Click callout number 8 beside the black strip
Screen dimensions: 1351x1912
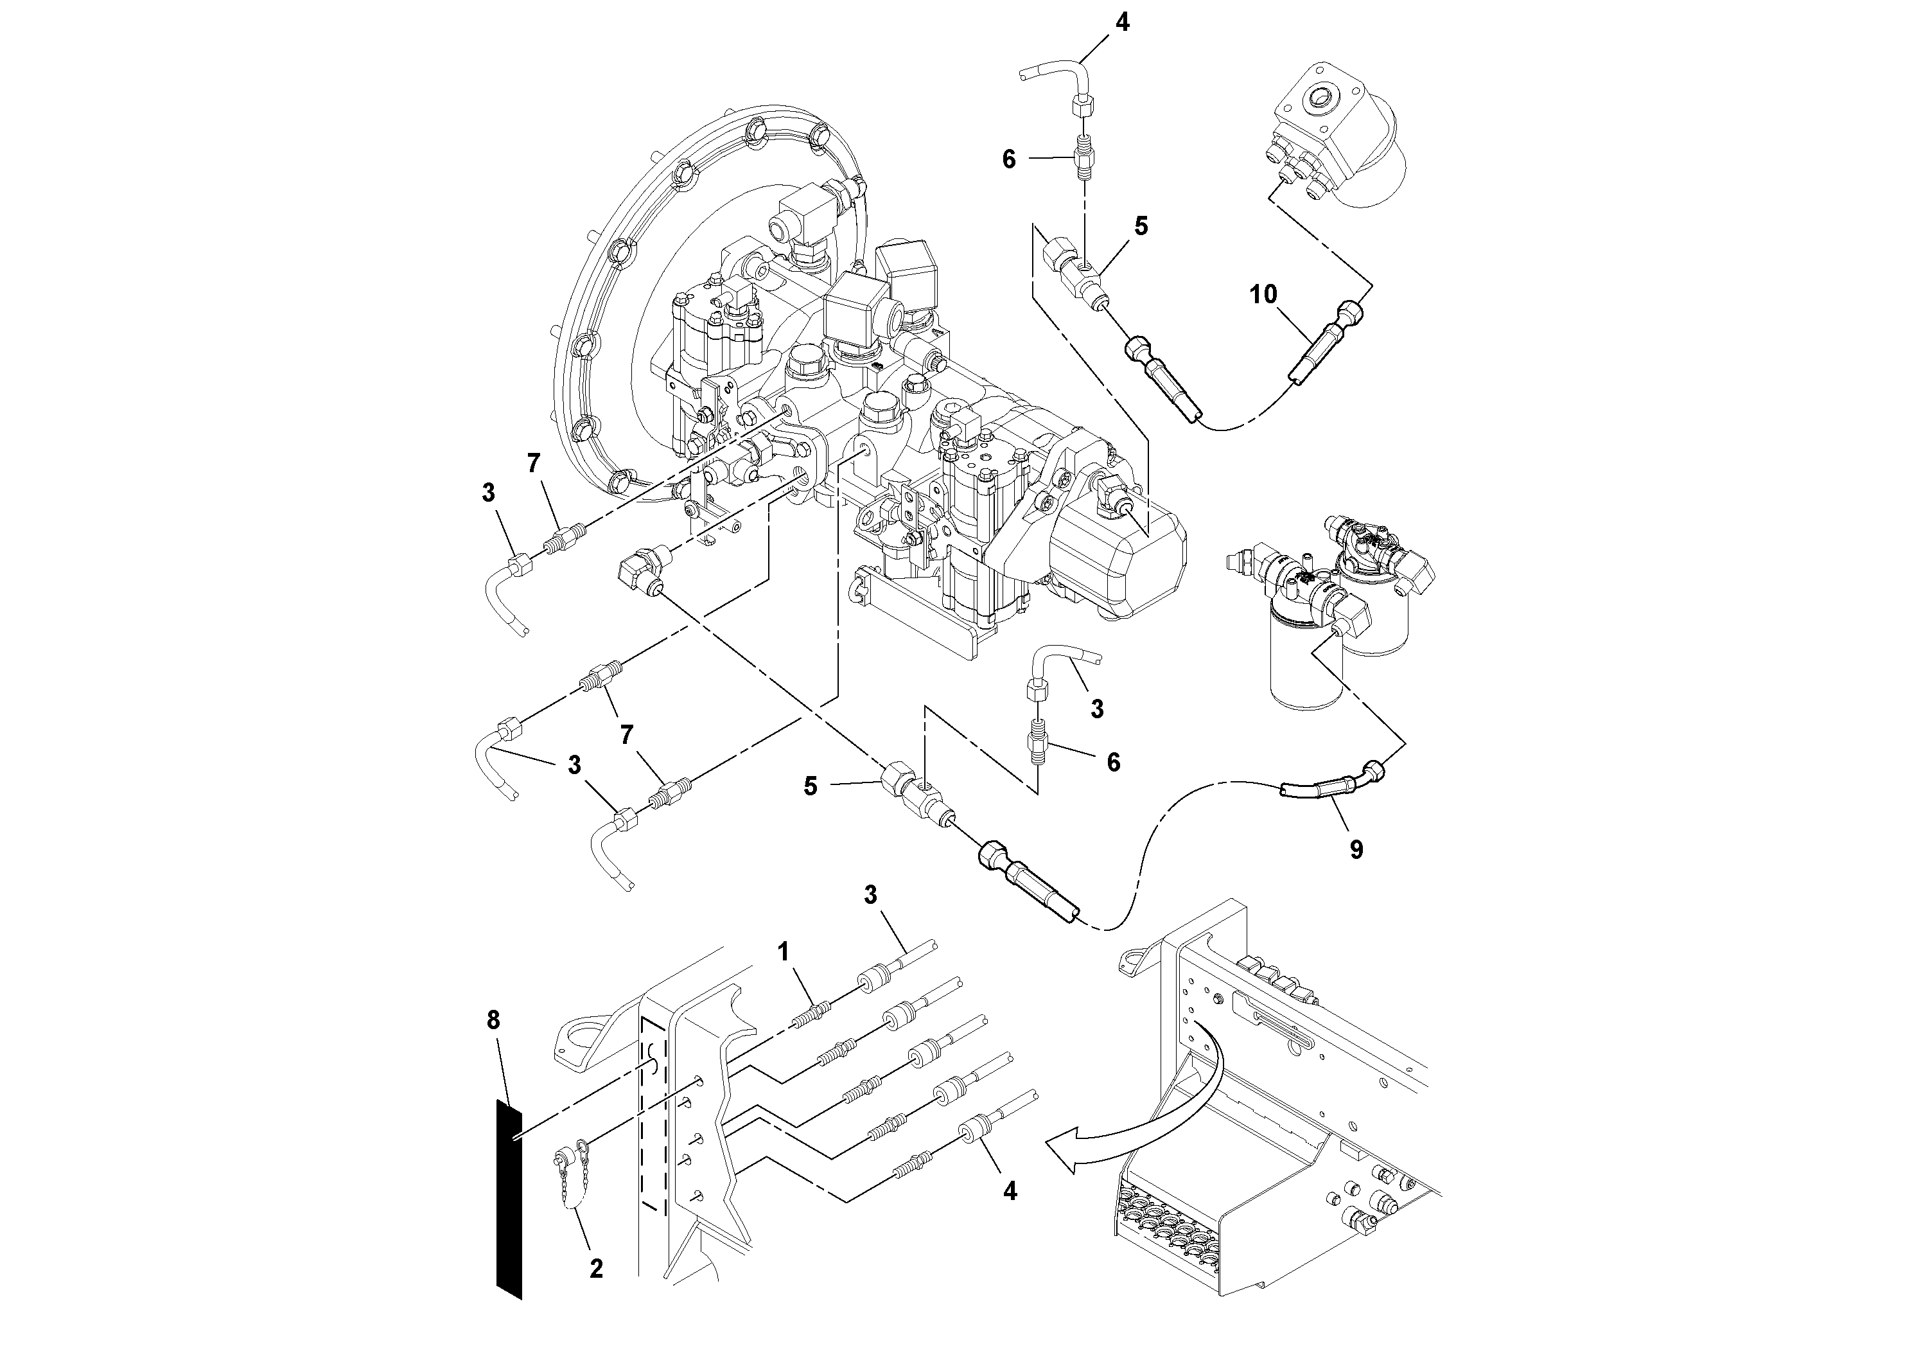[493, 1020]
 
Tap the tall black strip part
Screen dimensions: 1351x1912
[509, 1199]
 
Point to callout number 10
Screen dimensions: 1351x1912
[1263, 294]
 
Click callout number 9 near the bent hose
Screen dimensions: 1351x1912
[1356, 849]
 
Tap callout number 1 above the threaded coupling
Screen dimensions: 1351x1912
[783, 951]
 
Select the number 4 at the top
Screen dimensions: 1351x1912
[1123, 22]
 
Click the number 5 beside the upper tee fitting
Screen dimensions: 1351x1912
[1141, 225]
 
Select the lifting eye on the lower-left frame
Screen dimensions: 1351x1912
[577, 1045]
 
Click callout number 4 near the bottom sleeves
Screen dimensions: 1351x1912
[1009, 1191]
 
